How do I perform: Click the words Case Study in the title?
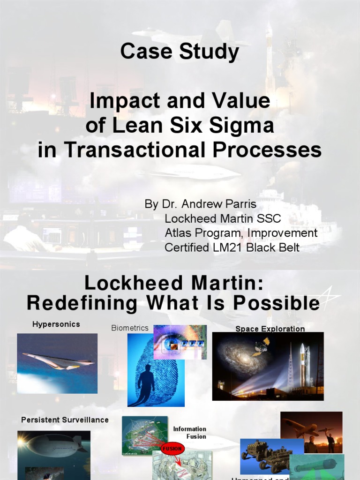[x=180, y=52]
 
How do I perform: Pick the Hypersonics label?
[x=56, y=324]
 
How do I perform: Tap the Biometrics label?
[x=130, y=328]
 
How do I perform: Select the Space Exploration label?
[x=270, y=329]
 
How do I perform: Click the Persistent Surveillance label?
[x=65, y=420]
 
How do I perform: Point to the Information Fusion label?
[x=189, y=433]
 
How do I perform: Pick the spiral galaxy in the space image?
[x=239, y=359]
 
